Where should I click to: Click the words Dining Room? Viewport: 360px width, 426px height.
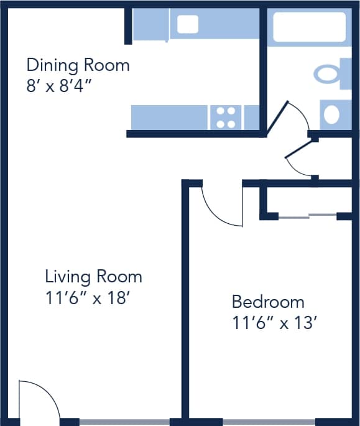tap(78, 65)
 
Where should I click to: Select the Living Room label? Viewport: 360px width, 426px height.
tap(93, 276)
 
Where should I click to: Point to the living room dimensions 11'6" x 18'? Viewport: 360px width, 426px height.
tap(86, 297)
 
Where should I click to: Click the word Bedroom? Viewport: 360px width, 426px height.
tap(268, 302)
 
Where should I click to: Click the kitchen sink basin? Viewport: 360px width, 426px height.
tap(187, 24)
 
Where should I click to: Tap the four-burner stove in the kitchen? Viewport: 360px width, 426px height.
tap(226, 118)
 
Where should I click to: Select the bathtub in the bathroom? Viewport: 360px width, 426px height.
tap(309, 26)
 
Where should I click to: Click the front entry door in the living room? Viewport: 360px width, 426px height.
tap(37, 401)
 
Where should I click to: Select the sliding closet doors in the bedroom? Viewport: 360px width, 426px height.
tap(308, 216)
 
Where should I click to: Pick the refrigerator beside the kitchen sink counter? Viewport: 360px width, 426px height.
tap(150, 24)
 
